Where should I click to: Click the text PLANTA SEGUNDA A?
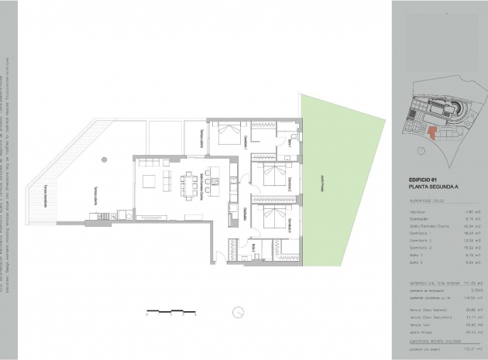431,187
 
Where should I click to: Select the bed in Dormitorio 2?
270,177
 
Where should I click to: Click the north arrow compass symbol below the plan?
235,312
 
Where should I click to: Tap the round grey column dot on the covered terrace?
103,160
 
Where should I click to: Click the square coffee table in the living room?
168,180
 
